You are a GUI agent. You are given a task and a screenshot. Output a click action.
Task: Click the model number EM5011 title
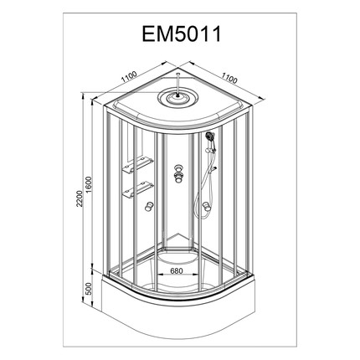182,34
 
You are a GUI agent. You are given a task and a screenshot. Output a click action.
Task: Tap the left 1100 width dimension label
129,77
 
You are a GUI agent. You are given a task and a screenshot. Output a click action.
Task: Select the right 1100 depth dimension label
229,78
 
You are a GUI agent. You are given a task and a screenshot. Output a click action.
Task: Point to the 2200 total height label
80,198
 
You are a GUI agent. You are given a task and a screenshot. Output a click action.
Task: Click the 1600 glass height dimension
89,184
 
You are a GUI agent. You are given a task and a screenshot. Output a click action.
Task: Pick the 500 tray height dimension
88,289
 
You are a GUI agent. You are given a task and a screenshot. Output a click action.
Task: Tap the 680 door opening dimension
177,270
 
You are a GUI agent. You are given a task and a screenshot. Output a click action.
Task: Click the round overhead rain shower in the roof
177,98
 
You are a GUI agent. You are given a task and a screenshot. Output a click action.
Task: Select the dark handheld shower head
208,136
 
